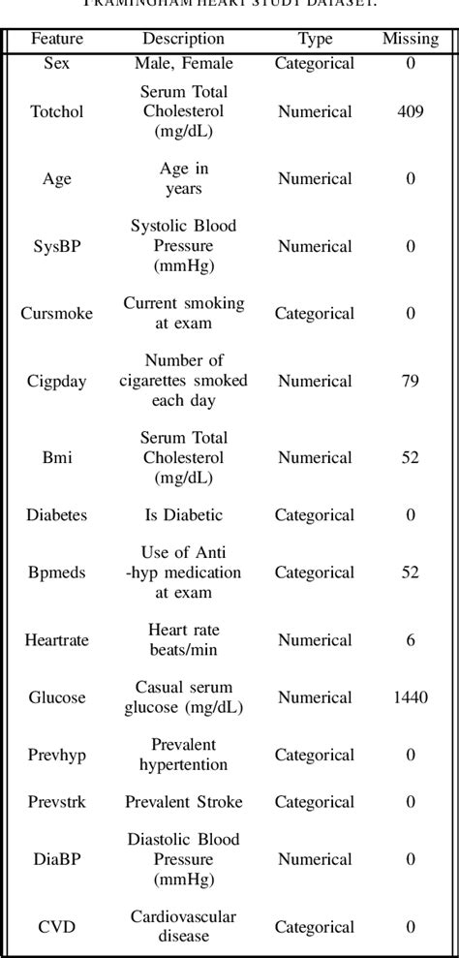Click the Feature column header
(57, 40)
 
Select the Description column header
(183, 40)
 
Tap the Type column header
(315, 40)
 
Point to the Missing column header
(410, 40)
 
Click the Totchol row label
(57, 111)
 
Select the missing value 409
(410, 111)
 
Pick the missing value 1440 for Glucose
(410, 697)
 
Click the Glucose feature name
(57, 697)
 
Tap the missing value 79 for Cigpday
(410, 381)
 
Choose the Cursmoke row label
(57, 314)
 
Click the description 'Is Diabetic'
(183, 515)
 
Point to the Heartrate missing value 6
(410, 640)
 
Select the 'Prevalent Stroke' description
(183, 802)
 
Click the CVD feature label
(57, 927)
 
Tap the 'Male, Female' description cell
(183, 64)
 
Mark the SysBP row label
(57, 246)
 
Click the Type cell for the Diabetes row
(315, 515)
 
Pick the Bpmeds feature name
(57, 572)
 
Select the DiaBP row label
(57, 859)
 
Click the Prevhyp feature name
(57, 755)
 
